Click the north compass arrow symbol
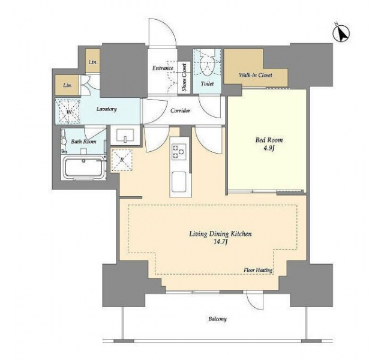pos(341,33)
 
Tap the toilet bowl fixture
pos(207,64)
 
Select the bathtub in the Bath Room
pos(83,167)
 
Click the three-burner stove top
pos(179,152)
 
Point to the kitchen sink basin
pos(179,182)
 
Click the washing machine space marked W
pos(68,111)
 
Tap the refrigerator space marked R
pos(122,160)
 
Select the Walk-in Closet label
pos(256,75)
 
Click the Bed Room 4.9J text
pos(269,144)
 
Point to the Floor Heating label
pos(258,270)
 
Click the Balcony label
pos(217,319)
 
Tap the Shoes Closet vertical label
pos(184,77)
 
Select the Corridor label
pos(180,110)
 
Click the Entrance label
pos(163,68)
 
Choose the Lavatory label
pos(106,109)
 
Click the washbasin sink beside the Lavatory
pos(125,135)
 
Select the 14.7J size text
pos(220,242)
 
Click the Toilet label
pos(207,84)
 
